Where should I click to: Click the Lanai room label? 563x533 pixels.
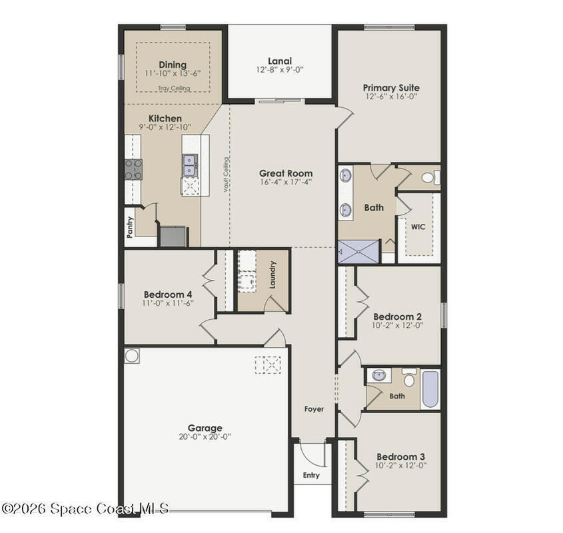pyautogui.click(x=280, y=61)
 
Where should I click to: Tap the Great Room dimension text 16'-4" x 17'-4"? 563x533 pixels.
pyautogui.click(x=286, y=182)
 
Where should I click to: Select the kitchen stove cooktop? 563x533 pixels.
pyautogui.click(x=133, y=169)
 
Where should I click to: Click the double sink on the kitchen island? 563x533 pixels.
pyautogui.click(x=190, y=165)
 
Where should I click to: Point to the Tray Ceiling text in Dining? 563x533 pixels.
pyautogui.click(x=174, y=88)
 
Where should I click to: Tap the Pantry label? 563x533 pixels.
pyautogui.click(x=130, y=227)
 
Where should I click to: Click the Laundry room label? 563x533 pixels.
pyautogui.click(x=273, y=274)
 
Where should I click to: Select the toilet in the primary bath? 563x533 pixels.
pyautogui.click(x=430, y=177)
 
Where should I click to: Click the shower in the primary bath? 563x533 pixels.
pyautogui.click(x=358, y=252)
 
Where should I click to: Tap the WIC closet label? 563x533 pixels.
pyautogui.click(x=418, y=227)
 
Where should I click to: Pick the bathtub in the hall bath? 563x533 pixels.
pyautogui.click(x=430, y=389)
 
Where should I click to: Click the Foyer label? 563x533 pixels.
pyautogui.click(x=314, y=408)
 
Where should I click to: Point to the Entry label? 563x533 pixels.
pyautogui.click(x=311, y=475)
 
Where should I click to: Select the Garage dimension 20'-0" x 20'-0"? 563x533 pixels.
pyautogui.click(x=205, y=437)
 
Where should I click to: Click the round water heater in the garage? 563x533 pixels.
pyautogui.click(x=131, y=356)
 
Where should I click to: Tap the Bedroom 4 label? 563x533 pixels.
pyautogui.click(x=168, y=294)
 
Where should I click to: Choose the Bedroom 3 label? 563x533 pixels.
pyautogui.click(x=400, y=457)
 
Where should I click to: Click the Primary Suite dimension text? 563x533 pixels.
pyautogui.click(x=391, y=97)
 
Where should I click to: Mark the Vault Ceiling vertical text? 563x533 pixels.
pyautogui.click(x=226, y=175)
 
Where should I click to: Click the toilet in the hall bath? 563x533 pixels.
pyautogui.click(x=409, y=378)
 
